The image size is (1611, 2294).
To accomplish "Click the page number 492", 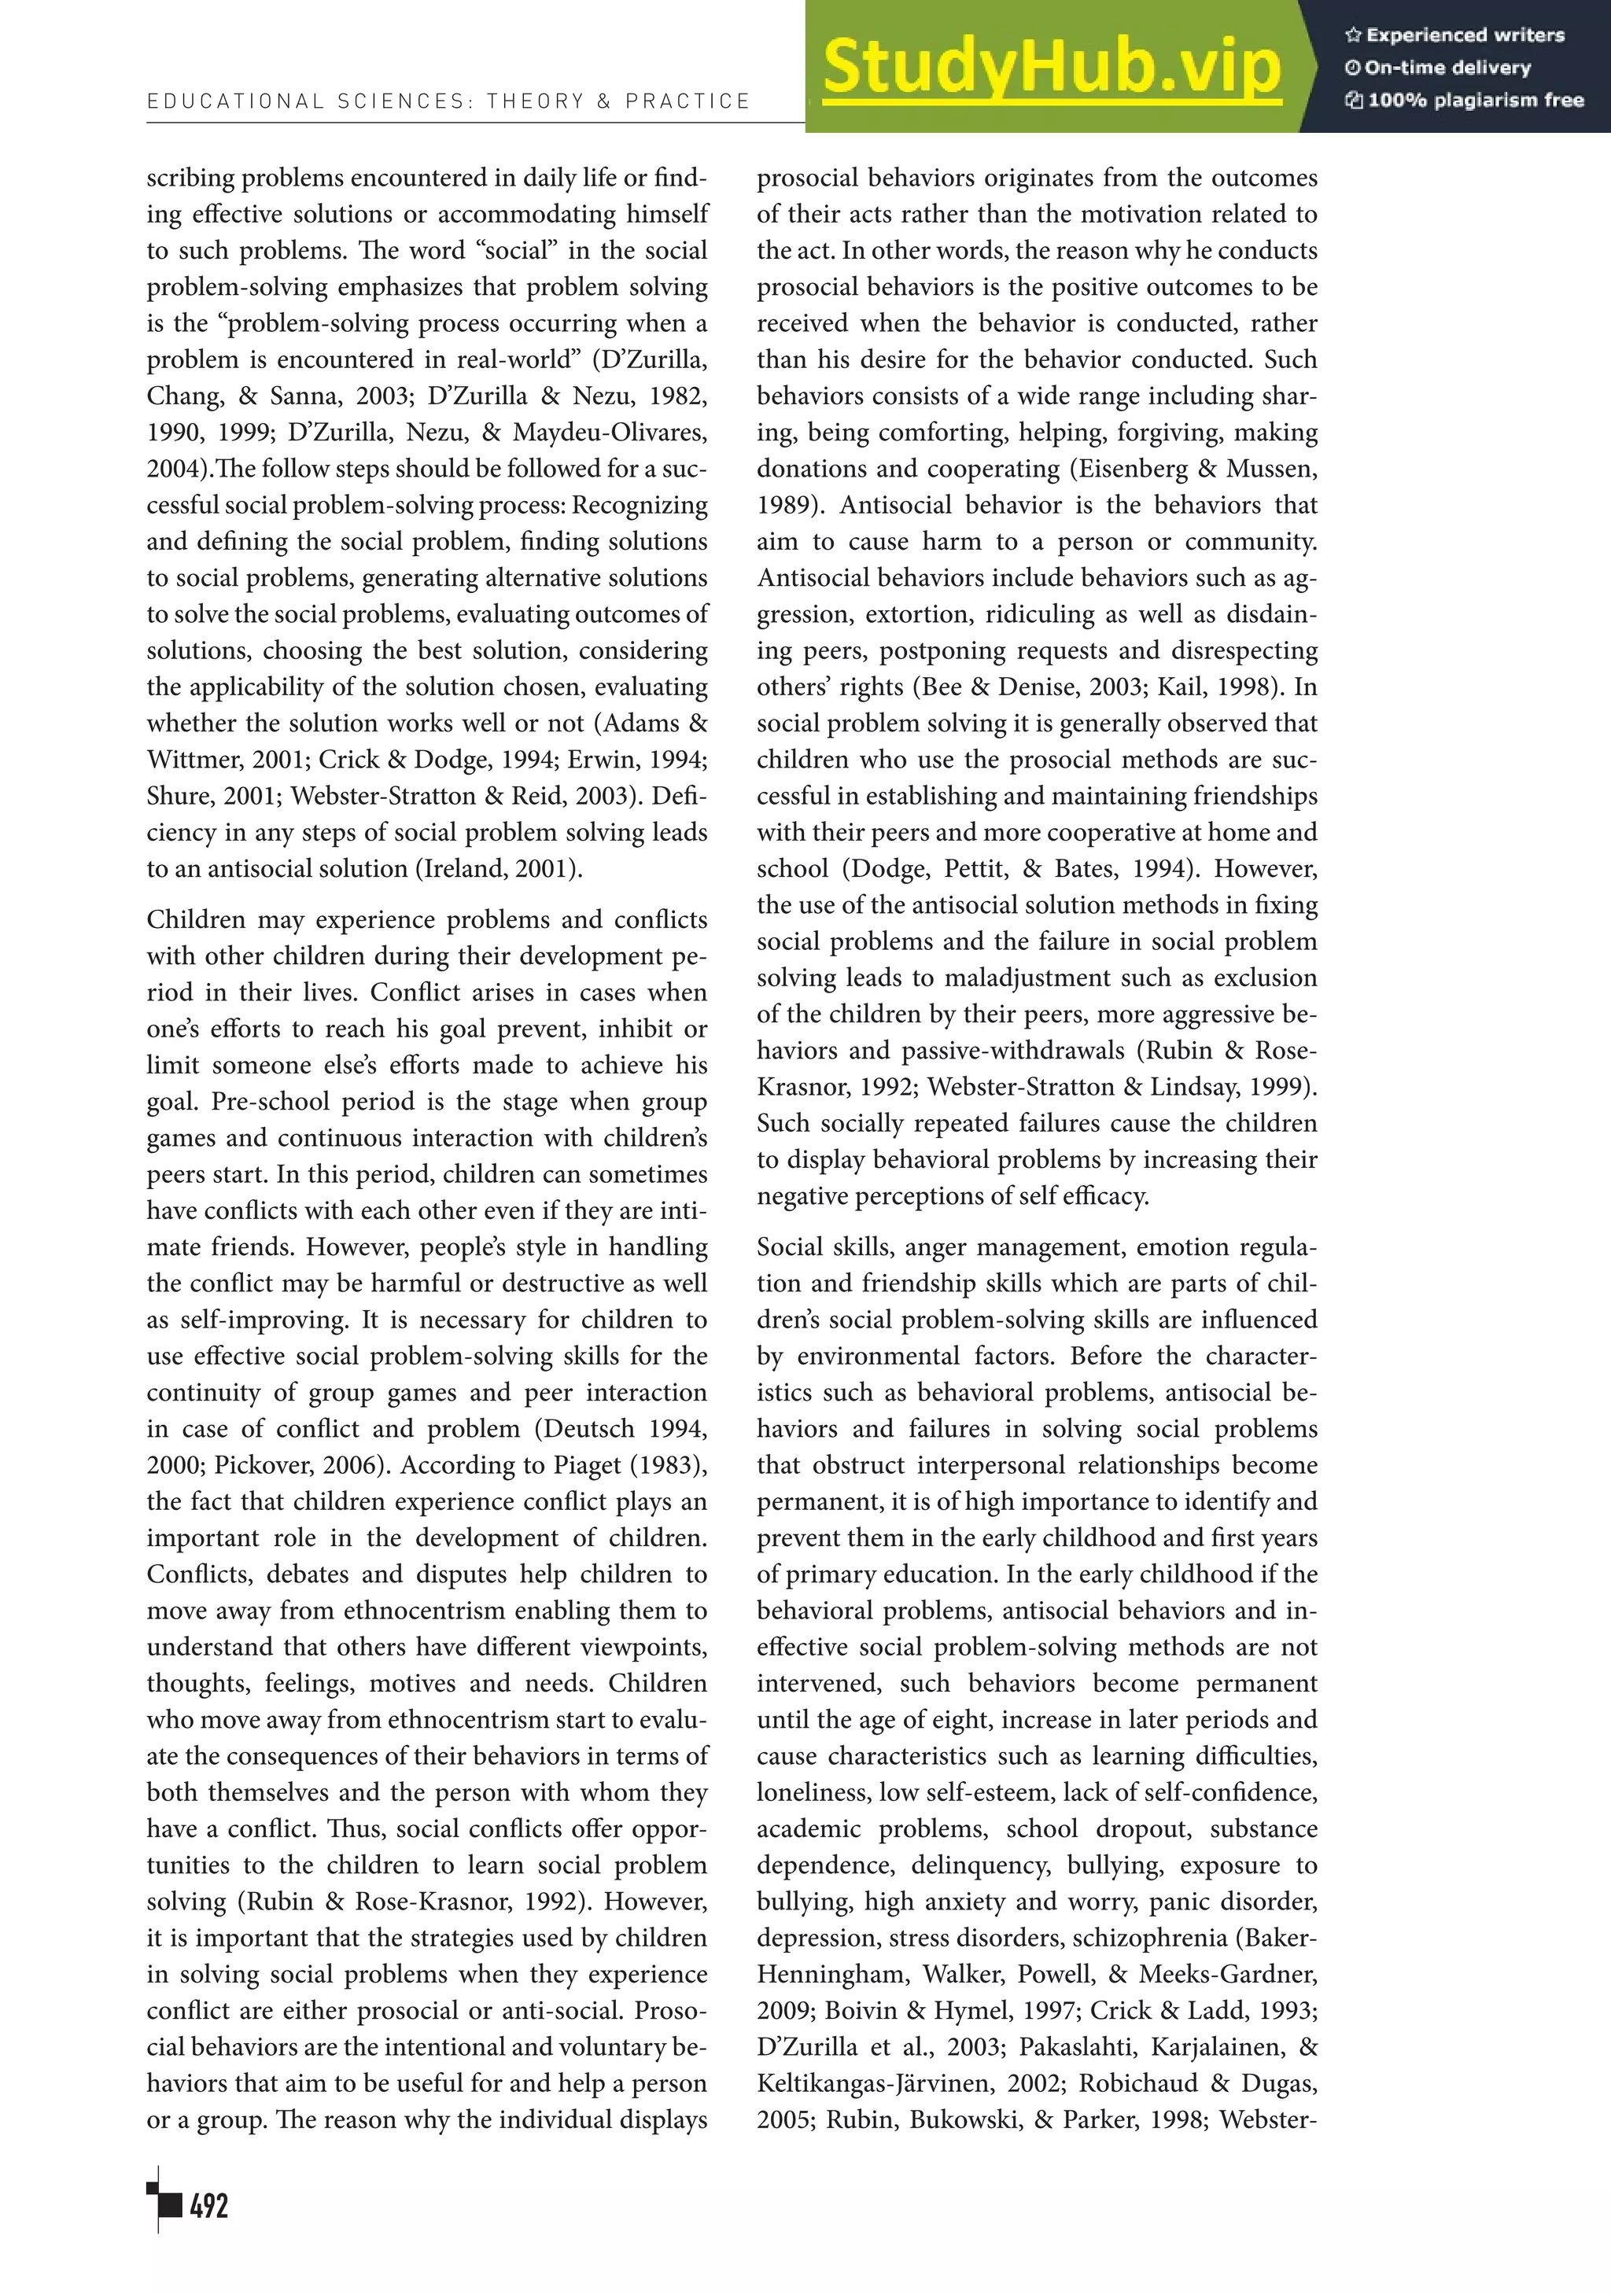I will point(209,2206).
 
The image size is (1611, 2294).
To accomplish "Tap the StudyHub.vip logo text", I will point(1052,68).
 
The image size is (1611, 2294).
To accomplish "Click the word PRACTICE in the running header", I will point(688,101).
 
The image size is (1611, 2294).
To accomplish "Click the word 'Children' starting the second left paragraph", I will point(196,920).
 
